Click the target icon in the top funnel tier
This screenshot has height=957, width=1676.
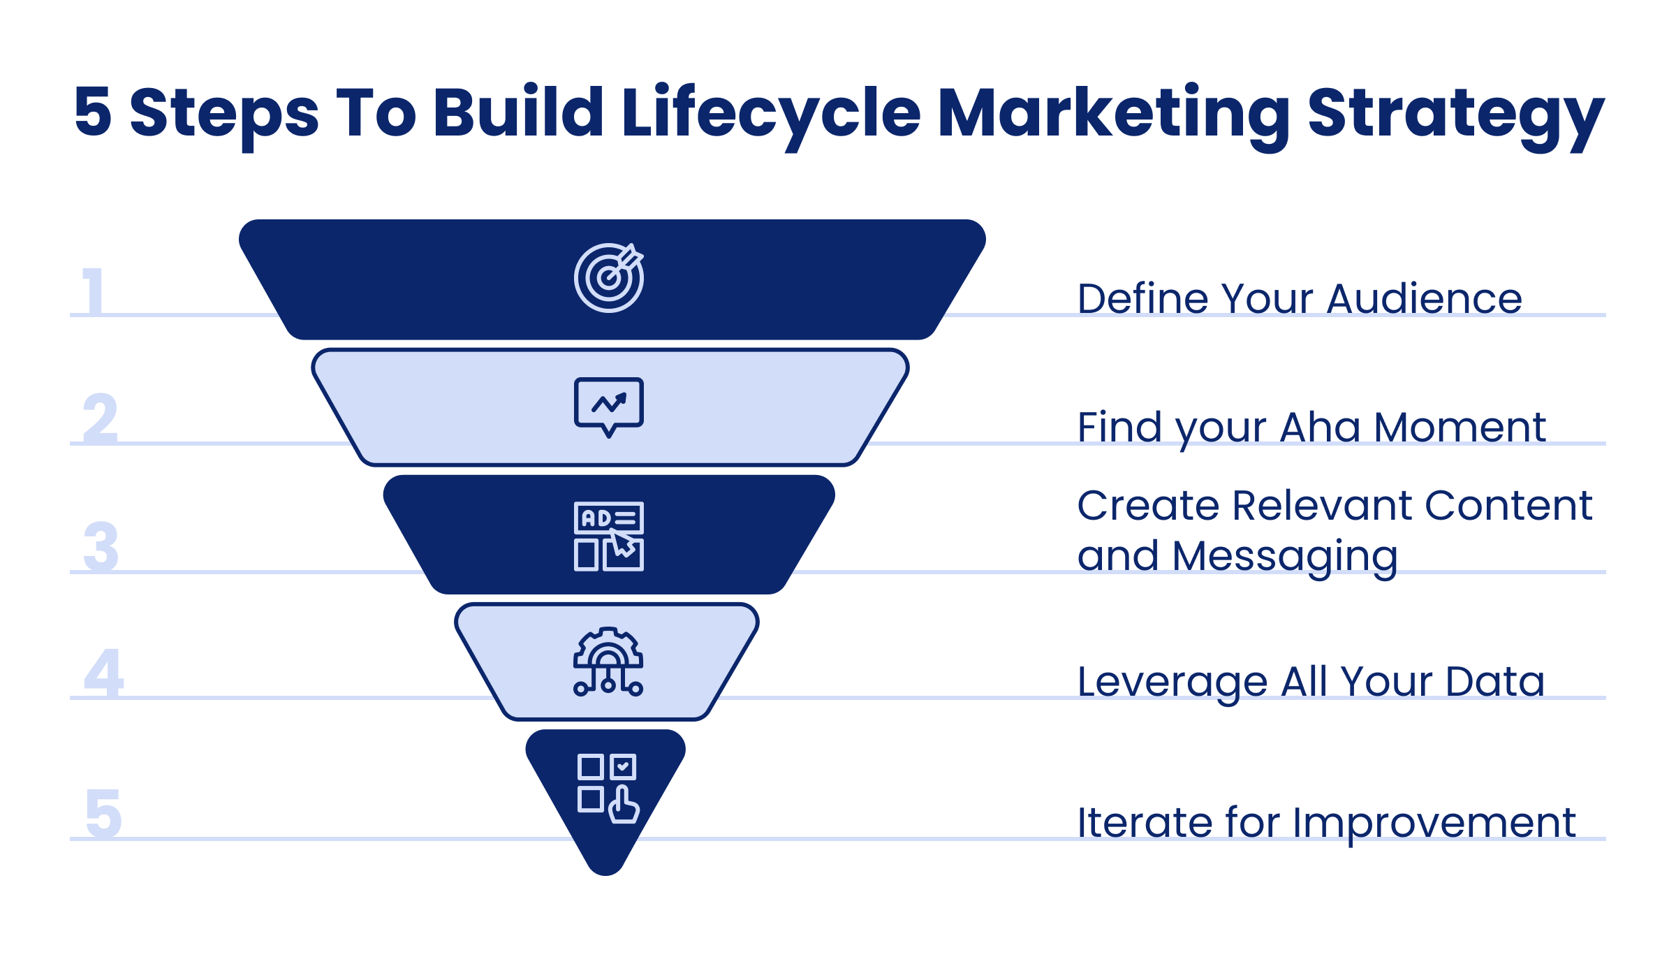(x=608, y=277)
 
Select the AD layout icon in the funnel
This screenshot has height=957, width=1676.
(x=608, y=536)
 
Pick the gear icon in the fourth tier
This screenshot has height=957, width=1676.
(x=608, y=662)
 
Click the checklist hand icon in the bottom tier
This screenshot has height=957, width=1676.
(x=608, y=788)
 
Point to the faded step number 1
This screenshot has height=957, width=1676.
(x=94, y=291)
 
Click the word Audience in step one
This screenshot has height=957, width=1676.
(x=1424, y=299)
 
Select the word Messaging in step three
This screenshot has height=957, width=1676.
(x=1285, y=557)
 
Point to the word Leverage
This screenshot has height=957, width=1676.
(x=1172, y=682)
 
